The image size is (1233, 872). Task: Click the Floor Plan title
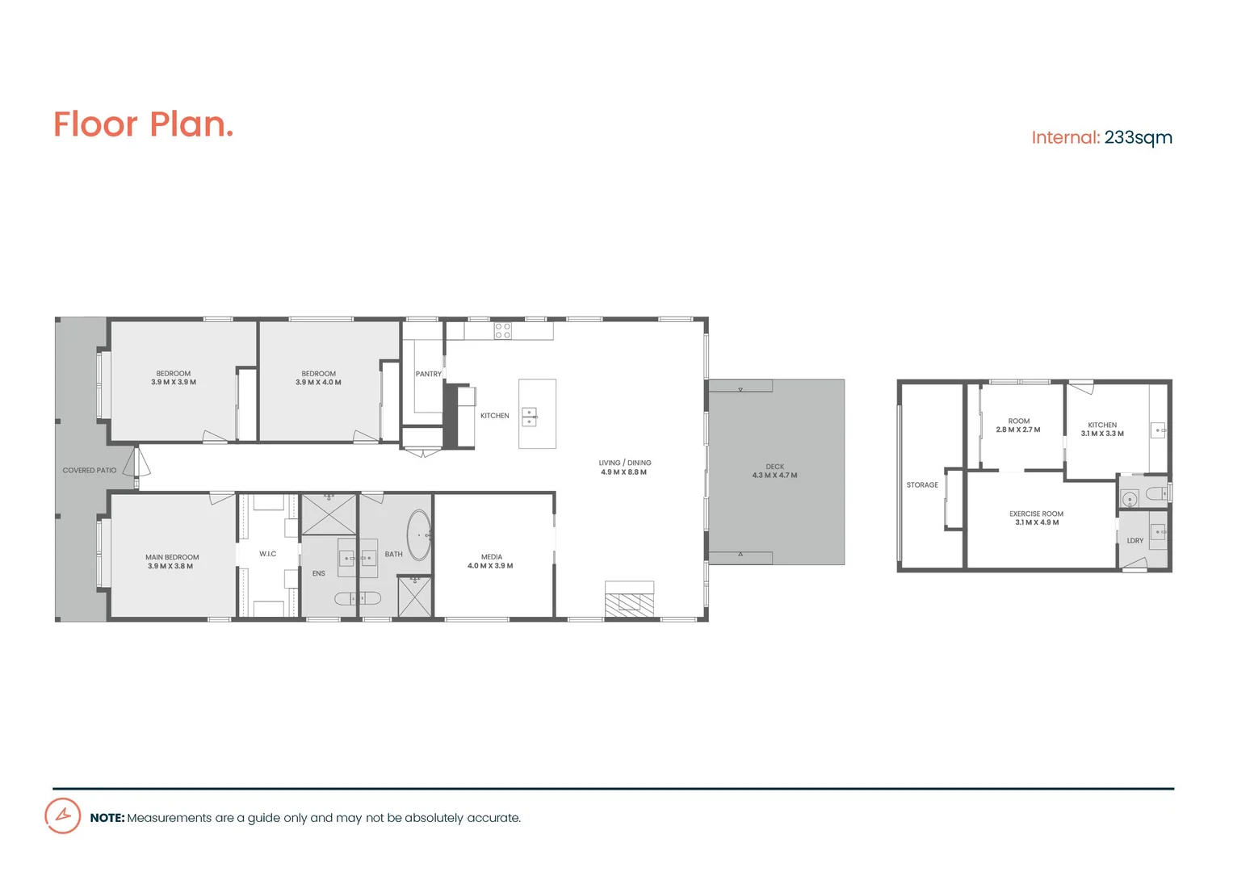coord(143,124)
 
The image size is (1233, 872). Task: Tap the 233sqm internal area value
coord(1138,138)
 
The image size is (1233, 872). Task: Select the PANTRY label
coord(428,374)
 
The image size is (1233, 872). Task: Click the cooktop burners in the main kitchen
coord(503,330)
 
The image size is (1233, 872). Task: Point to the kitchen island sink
coord(529,417)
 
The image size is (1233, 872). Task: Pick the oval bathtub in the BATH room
coord(419,535)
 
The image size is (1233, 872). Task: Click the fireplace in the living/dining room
coord(629,602)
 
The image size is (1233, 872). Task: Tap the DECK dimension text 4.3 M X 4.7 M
coord(774,476)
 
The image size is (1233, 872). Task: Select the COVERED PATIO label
coord(90,470)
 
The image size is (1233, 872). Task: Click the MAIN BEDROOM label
coord(172,557)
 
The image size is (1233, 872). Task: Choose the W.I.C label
coord(268,554)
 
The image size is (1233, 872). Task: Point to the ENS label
coord(319,573)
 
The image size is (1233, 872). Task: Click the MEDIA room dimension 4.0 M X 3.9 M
coord(490,566)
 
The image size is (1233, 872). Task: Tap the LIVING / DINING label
coord(625,463)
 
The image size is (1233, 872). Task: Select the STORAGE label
coord(922,485)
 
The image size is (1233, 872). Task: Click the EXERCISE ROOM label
coord(1036,514)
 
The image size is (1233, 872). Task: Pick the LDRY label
coord(1134,541)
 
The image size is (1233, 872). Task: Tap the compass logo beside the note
coord(62,815)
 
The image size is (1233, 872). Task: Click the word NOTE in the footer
coord(107,818)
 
